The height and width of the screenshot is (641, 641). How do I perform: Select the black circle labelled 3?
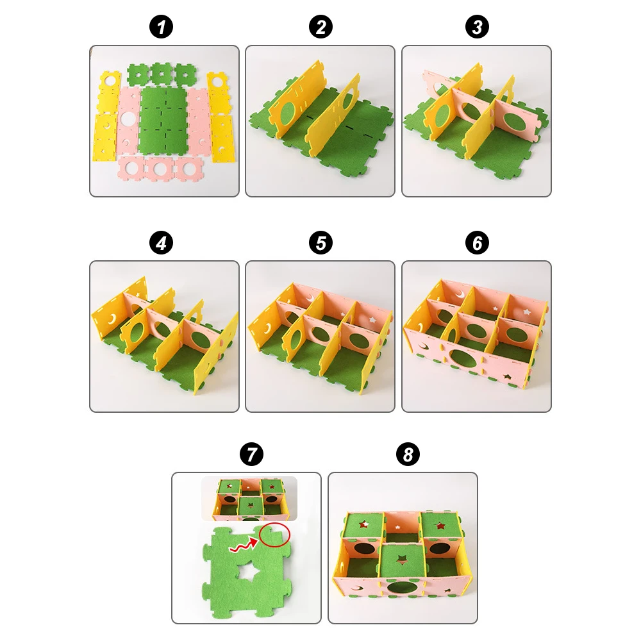click(476, 28)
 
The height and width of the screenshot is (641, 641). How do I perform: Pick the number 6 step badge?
click(476, 244)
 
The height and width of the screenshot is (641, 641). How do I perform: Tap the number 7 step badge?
click(250, 456)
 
